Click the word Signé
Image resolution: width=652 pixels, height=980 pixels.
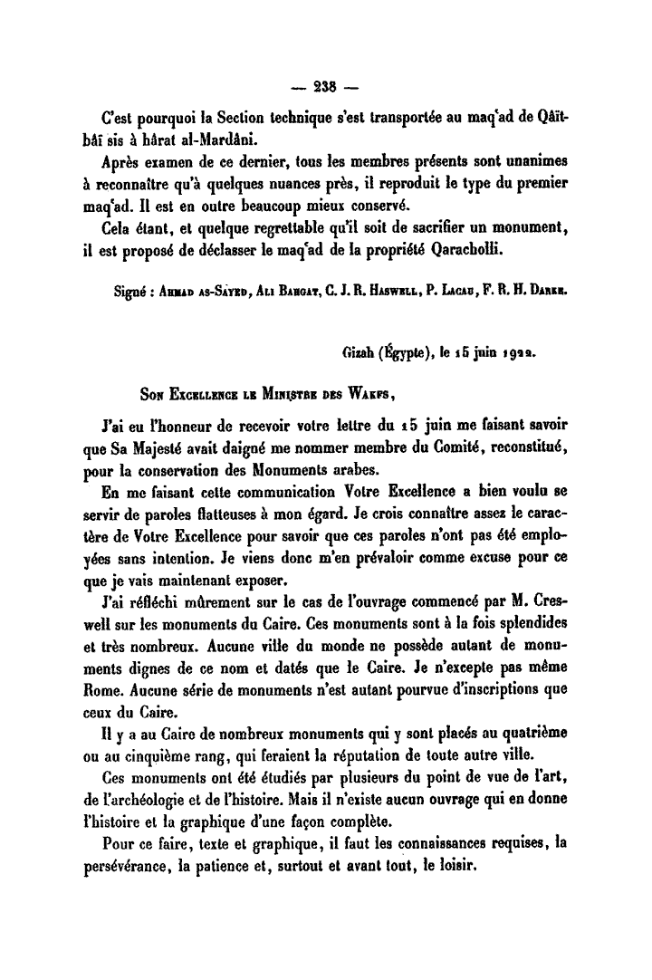pyautogui.click(x=122, y=293)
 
